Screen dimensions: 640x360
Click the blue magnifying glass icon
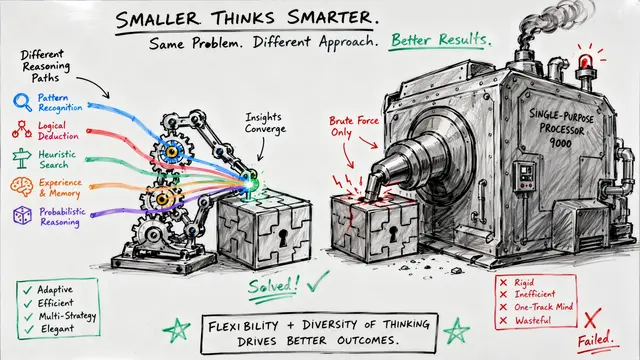click(22, 102)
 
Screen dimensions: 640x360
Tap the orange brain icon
click(21, 187)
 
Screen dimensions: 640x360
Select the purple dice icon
click(22, 216)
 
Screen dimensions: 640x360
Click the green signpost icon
click(22, 159)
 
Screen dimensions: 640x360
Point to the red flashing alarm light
click(585, 61)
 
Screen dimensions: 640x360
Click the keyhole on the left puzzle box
click(282, 238)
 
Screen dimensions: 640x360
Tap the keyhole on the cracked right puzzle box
click(393, 234)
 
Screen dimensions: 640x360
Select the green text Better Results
click(441, 40)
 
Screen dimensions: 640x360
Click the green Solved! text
click(273, 286)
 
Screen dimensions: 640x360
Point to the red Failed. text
click(596, 340)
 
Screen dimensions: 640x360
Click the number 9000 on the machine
click(560, 142)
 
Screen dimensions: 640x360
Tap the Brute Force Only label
click(353, 126)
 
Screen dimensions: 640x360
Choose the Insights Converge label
click(265, 123)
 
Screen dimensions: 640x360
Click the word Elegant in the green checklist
click(57, 329)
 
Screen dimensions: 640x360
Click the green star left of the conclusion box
click(176, 329)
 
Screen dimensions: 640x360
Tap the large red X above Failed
click(592, 318)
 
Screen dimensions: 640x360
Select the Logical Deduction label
click(58, 131)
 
